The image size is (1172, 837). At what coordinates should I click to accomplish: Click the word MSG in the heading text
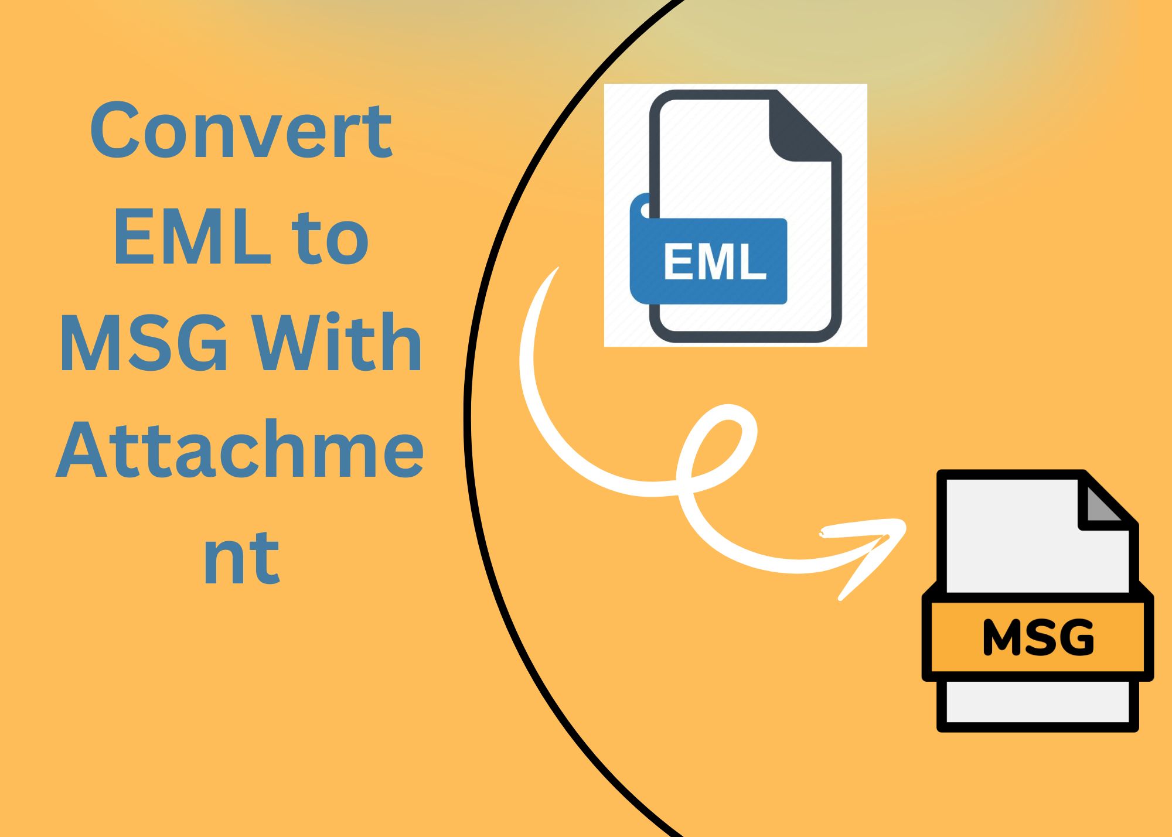pos(144,344)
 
